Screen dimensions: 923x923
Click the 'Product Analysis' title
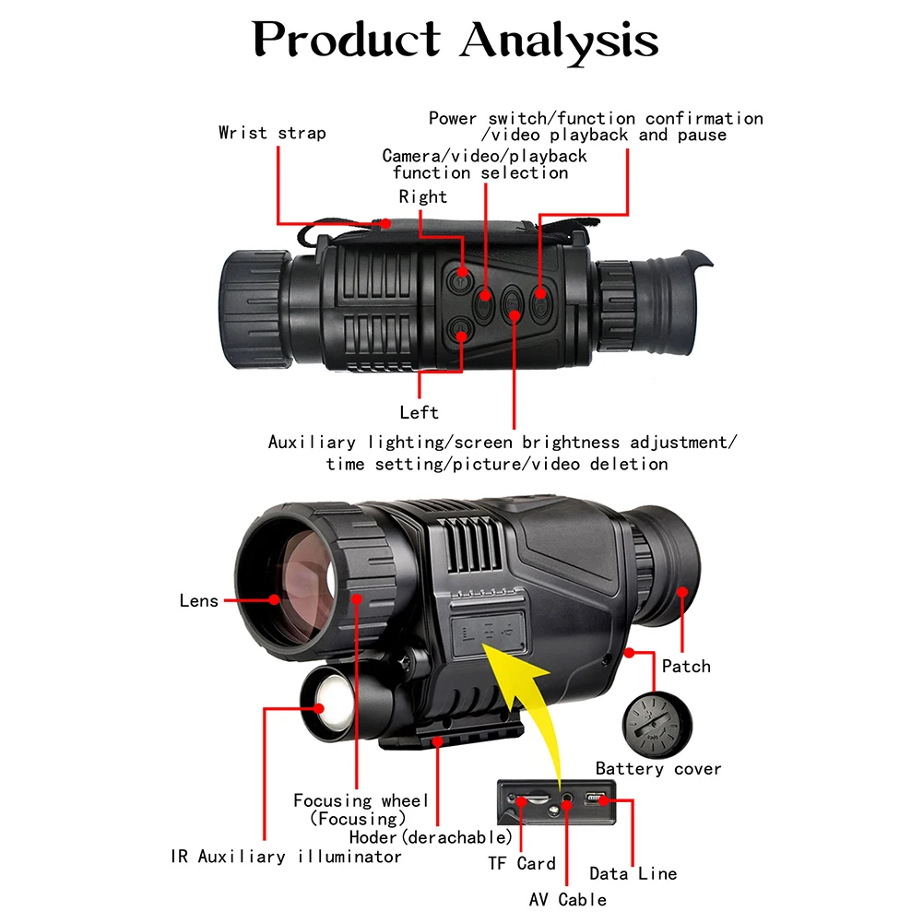456,40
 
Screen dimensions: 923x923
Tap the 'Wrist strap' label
272,133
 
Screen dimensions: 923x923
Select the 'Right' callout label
422,196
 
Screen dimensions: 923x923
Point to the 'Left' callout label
419,412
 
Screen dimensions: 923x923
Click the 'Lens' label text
199,601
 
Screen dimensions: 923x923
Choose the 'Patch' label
686,666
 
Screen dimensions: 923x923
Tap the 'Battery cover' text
657,768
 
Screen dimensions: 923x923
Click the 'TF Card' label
522,864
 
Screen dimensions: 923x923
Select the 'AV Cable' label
568,899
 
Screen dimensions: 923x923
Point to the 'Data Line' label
633,873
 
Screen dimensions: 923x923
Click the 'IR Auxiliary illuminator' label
286,857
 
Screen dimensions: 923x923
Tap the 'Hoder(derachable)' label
431,837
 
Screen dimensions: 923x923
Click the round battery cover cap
656,725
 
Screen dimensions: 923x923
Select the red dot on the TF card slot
522,800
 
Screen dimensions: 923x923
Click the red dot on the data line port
603,800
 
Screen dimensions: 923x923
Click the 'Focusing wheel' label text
361,800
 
